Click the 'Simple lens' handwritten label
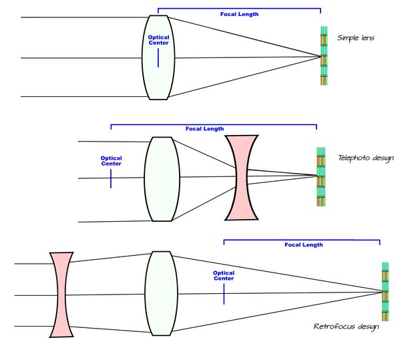355,38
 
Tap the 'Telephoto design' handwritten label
366,158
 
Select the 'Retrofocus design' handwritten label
346,327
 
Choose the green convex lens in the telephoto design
162,178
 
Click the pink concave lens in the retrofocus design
61,295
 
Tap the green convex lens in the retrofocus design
160,294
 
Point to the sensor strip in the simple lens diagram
324,57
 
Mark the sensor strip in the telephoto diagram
321,177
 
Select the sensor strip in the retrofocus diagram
385,293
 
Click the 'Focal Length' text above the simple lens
238,13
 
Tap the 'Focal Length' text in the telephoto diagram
205,129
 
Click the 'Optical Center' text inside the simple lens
158,40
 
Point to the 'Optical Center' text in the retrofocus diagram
224,275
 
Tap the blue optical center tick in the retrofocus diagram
224,294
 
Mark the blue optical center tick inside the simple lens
158,58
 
